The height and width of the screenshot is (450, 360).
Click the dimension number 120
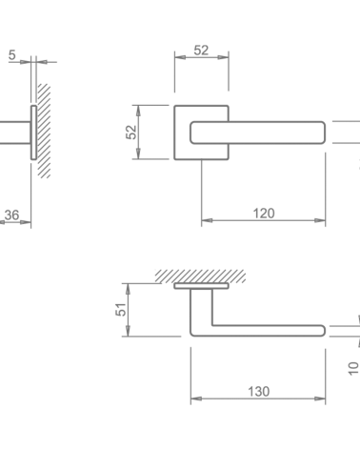pyautogui.click(x=264, y=214)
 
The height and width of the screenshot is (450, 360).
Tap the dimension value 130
pyautogui.click(x=259, y=392)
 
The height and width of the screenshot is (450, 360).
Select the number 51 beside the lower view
pyautogui.click(x=121, y=310)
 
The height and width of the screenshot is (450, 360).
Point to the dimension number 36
pyautogui.click(x=11, y=215)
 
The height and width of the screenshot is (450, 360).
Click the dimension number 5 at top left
pyautogui.click(x=11, y=55)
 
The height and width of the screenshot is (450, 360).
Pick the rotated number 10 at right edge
pyautogui.click(x=353, y=369)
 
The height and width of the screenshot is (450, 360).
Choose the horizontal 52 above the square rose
pyautogui.click(x=201, y=51)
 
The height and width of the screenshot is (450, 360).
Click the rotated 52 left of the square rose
pyautogui.click(x=131, y=133)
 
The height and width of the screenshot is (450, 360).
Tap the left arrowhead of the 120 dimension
pyautogui.click(x=207, y=220)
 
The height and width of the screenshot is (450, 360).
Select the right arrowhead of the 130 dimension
pyautogui.click(x=320, y=399)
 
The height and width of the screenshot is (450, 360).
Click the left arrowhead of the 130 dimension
pyautogui.click(x=196, y=399)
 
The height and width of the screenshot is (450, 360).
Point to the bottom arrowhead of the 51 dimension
pyautogui.click(x=128, y=331)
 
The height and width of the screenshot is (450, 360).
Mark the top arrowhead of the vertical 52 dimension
pyautogui.click(x=138, y=111)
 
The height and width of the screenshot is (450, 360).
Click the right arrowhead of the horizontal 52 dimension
pyautogui.click(x=223, y=57)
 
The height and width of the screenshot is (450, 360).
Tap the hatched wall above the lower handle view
pyautogui.click(x=200, y=276)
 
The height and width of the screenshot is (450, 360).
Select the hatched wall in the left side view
pyautogui.click(x=44, y=131)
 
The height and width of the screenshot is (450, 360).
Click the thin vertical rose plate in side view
pyautogui.click(x=33, y=133)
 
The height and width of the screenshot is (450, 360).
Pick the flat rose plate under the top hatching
pyautogui.click(x=201, y=286)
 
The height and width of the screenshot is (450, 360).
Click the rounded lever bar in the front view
pyautogui.click(x=257, y=133)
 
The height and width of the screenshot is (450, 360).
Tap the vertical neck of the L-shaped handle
pyautogui.click(x=201, y=308)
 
